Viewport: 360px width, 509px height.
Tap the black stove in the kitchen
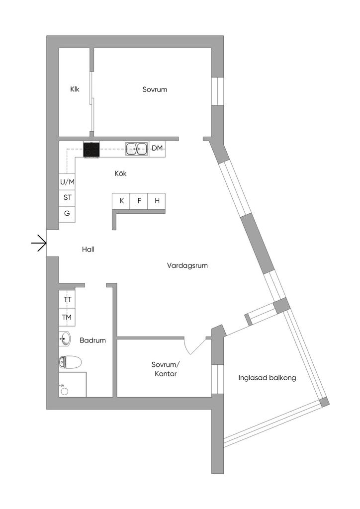click(91, 150)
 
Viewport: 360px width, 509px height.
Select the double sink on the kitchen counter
click(136, 149)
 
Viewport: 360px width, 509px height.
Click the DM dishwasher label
click(157, 149)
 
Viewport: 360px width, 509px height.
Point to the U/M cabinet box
click(68, 182)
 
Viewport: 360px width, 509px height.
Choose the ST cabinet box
click(68, 197)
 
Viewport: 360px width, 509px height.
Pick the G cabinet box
click(67, 214)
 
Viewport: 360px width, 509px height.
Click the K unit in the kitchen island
click(121, 201)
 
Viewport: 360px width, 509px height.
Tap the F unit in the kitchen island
click(139, 201)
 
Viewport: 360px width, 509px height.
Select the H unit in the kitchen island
click(157, 201)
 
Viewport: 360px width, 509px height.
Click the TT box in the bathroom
click(67, 300)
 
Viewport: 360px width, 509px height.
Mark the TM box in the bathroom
click(67, 317)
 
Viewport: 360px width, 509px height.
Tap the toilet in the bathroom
click(70, 362)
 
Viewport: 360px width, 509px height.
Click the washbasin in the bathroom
click(65, 339)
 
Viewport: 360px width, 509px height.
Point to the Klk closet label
click(75, 90)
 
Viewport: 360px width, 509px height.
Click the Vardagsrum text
click(187, 266)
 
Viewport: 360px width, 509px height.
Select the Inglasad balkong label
click(267, 378)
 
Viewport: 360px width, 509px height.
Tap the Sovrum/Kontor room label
click(164, 369)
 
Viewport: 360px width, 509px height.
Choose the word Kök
click(120, 173)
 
